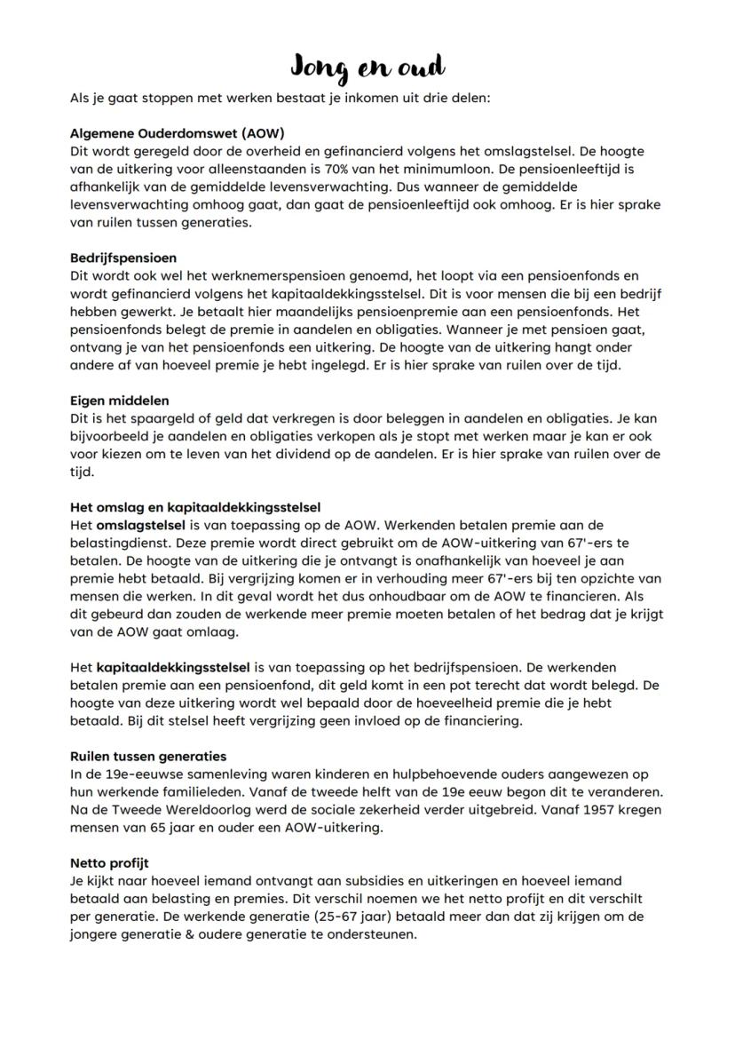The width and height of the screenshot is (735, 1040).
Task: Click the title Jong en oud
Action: tap(367, 67)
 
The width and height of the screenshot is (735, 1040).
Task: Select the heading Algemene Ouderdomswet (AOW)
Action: tap(177, 134)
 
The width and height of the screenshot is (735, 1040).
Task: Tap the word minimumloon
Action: tap(470, 168)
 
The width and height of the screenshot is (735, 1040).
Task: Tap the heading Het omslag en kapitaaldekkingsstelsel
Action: tap(195, 508)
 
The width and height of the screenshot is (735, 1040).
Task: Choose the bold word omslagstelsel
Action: tap(138, 525)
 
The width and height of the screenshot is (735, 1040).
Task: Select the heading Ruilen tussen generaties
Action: tap(148, 756)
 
